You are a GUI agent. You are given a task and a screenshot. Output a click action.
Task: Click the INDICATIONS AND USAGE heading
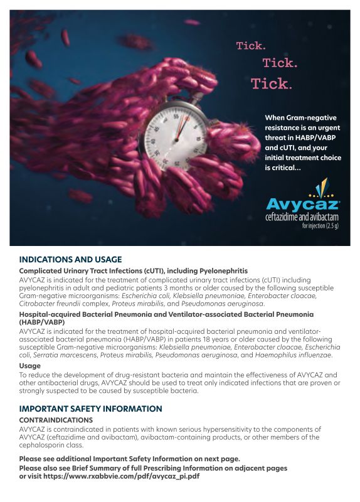click(70, 259)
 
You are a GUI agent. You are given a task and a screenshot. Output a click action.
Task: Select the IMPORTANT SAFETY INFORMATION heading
click(90, 409)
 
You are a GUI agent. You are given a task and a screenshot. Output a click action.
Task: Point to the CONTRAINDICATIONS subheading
click(56, 420)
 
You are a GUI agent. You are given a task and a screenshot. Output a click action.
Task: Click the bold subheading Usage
click(30, 365)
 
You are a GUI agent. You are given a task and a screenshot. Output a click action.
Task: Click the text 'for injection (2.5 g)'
click(320, 225)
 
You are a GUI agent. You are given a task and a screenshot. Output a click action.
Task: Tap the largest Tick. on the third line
click(271, 83)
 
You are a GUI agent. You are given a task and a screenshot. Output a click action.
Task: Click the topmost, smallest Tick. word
click(250, 46)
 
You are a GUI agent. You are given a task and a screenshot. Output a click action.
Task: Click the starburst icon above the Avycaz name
click(320, 187)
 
